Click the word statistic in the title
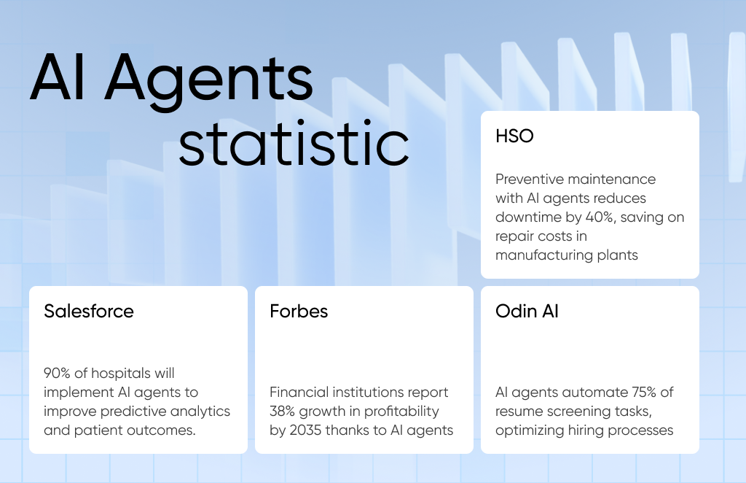pos(294,143)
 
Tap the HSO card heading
pos(514,136)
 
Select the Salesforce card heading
pos(88,311)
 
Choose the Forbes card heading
pos(299,311)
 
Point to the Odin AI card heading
pos(527,311)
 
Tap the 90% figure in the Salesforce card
pos(57,373)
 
